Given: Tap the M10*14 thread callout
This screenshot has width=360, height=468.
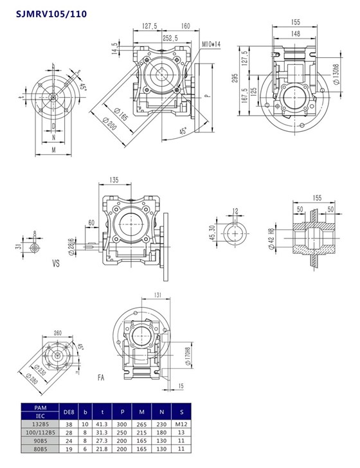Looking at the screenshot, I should (210, 44).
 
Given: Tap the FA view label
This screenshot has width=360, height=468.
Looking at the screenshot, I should (101, 377).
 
